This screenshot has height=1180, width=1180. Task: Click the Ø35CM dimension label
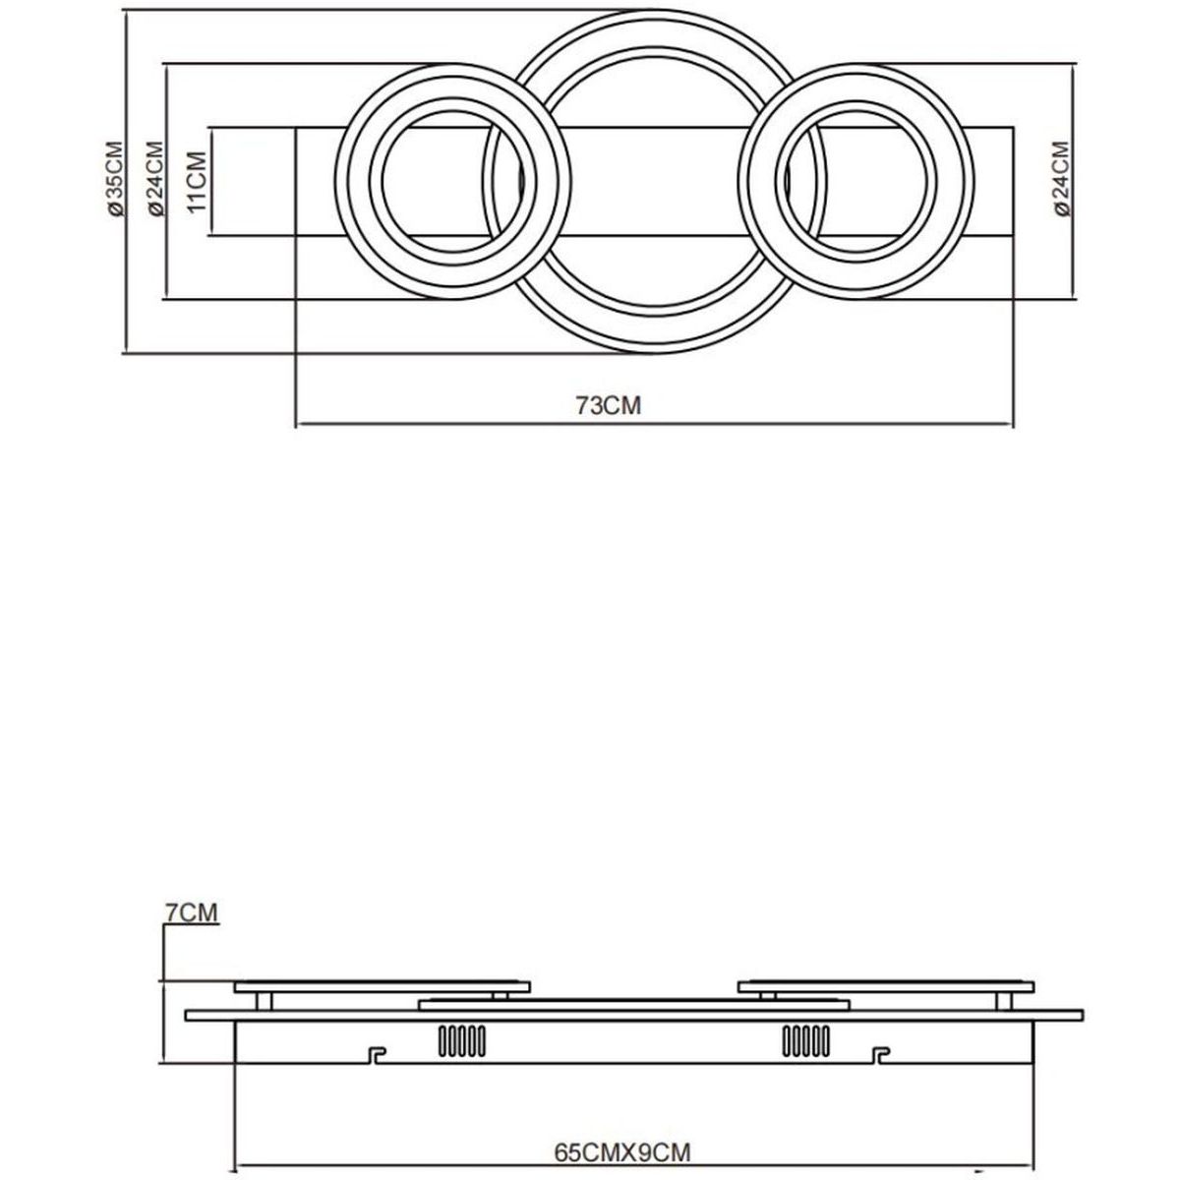click(114, 179)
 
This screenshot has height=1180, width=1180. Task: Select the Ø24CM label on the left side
click(155, 179)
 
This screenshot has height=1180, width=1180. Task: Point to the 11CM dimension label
click(197, 182)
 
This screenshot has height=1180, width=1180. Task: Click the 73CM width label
click(608, 405)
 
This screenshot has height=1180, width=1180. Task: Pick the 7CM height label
click(192, 912)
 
